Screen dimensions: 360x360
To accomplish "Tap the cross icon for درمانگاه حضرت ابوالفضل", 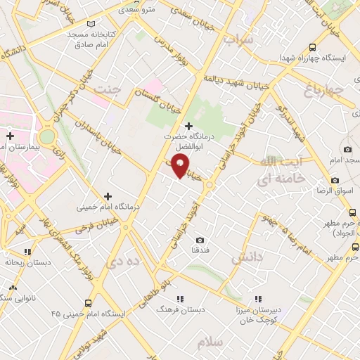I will pos(188,125).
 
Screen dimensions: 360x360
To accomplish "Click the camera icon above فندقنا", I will pos(200,240).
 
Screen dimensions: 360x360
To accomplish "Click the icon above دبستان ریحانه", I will pos(27,251).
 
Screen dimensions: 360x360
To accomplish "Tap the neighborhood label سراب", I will pos(237,39).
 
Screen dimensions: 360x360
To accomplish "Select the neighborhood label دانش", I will pos(245,258).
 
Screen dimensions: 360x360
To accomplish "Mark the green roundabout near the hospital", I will pos(47,136).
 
